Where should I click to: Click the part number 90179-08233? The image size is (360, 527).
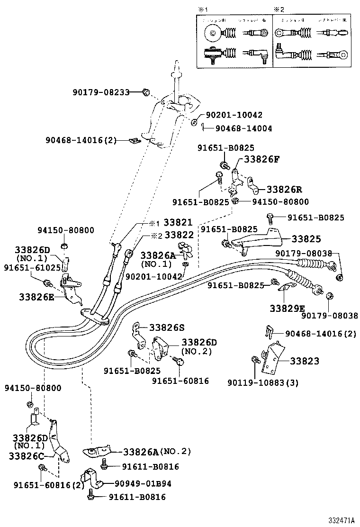[101, 92]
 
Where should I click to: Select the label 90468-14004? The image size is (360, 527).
[243, 128]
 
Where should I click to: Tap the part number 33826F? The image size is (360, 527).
[261, 159]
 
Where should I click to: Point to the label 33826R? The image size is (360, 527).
[284, 190]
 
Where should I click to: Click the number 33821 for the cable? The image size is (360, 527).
[178, 222]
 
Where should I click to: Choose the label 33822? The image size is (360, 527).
[178, 235]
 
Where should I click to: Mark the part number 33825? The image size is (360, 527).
[306, 239]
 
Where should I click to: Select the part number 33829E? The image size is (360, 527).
[288, 308]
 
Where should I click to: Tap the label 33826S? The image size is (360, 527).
[167, 327]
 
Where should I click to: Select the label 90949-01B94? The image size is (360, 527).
[143, 484]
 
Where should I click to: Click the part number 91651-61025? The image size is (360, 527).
[32, 268]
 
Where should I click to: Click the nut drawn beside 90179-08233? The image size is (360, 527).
[146, 91]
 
